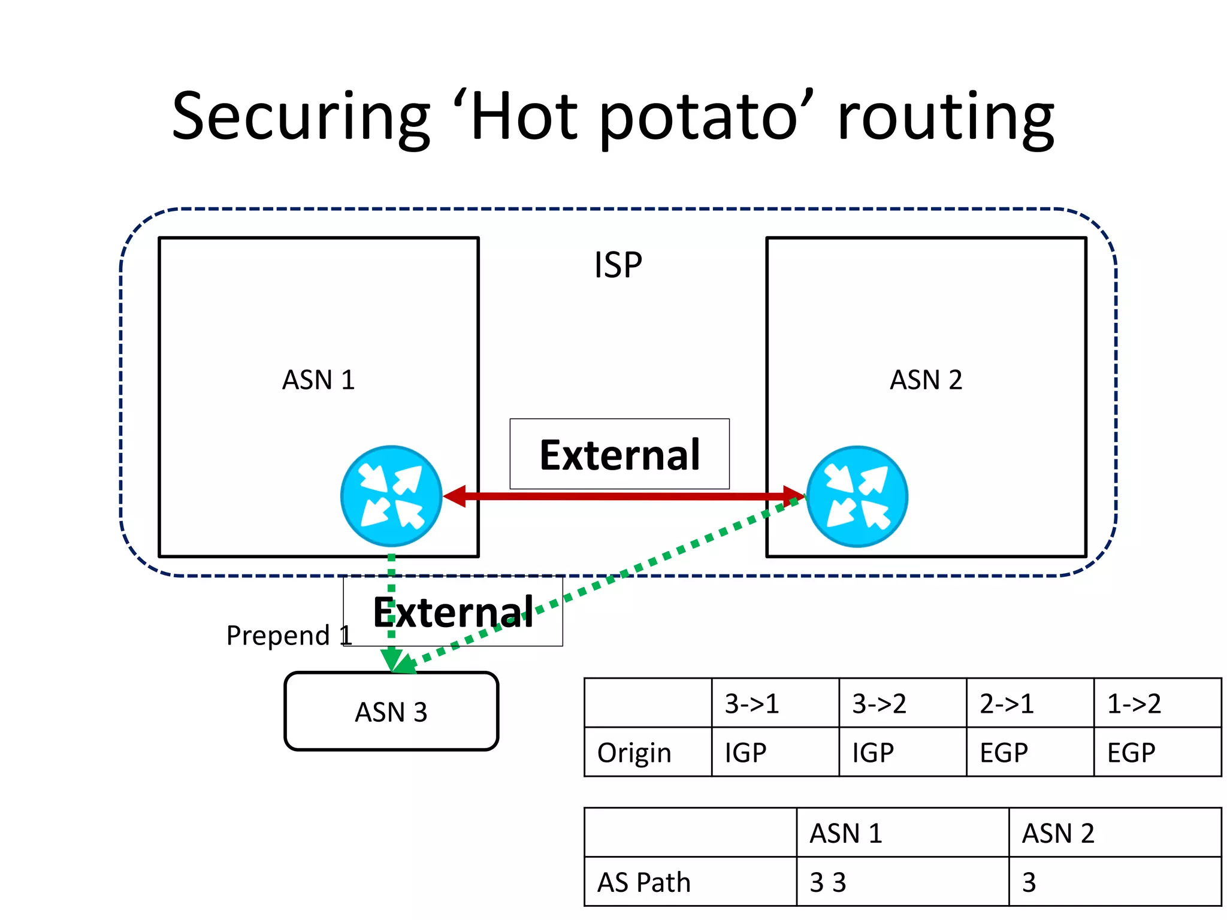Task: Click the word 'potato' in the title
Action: [698, 117]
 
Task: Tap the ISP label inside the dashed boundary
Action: [618, 265]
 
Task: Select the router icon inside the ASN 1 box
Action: [391, 496]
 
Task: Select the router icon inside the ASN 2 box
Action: [857, 496]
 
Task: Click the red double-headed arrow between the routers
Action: [623, 496]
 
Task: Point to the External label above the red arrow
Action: [619, 455]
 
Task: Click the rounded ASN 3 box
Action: [391, 712]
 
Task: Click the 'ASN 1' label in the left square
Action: [318, 380]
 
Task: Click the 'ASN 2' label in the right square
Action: [926, 380]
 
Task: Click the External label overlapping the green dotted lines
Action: [453, 612]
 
